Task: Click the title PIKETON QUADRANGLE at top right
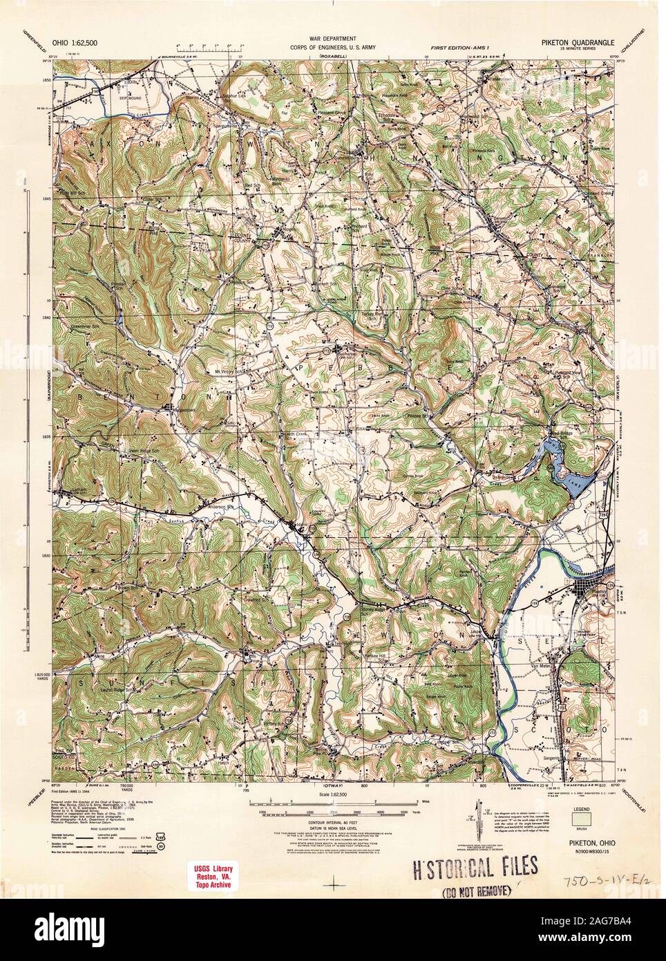click(568, 41)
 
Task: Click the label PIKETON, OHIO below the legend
click(582, 834)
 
